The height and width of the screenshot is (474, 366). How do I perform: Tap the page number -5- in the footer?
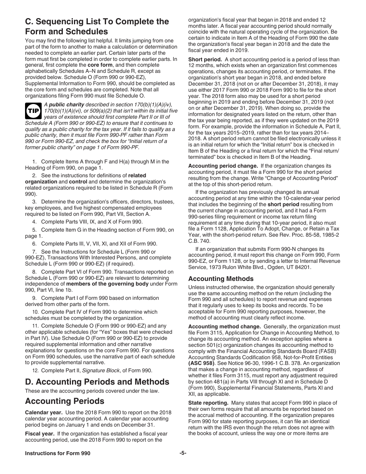click(183, 453)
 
